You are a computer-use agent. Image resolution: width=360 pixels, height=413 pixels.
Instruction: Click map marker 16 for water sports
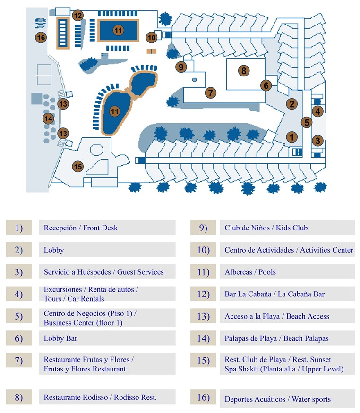click(41, 37)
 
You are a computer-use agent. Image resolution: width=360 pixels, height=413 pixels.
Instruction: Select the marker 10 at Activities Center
click(152, 37)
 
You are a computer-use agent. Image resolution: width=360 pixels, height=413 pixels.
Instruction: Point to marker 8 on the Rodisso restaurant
click(243, 71)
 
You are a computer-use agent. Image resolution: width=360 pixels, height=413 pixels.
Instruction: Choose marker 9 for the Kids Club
click(181, 67)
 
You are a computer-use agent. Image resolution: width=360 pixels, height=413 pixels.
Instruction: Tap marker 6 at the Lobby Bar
click(266, 85)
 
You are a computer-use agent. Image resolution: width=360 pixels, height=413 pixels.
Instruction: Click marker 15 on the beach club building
click(78, 166)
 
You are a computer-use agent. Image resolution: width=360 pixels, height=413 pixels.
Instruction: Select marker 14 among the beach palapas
click(48, 119)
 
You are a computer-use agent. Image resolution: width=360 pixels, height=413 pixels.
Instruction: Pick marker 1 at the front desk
click(292, 137)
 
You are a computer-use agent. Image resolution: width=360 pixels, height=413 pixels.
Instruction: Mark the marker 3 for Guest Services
click(318, 141)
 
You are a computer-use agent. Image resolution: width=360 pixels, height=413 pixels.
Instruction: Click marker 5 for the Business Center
click(307, 122)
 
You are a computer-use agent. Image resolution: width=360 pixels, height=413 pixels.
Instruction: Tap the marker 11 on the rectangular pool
click(118, 30)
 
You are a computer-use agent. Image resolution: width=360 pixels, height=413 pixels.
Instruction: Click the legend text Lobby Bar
click(60, 338)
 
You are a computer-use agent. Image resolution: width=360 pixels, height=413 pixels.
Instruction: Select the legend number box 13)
click(203, 316)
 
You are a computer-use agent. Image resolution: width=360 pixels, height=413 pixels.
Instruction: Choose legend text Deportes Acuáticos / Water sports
click(277, 399)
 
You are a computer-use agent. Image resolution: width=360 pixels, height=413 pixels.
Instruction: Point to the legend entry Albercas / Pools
click(250, 272)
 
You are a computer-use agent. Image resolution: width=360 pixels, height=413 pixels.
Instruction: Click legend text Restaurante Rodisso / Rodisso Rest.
click(100, 397)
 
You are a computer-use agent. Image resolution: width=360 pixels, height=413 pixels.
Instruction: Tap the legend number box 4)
click(18, 294)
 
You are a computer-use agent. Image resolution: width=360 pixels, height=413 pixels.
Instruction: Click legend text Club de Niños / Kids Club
click(266, 228)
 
